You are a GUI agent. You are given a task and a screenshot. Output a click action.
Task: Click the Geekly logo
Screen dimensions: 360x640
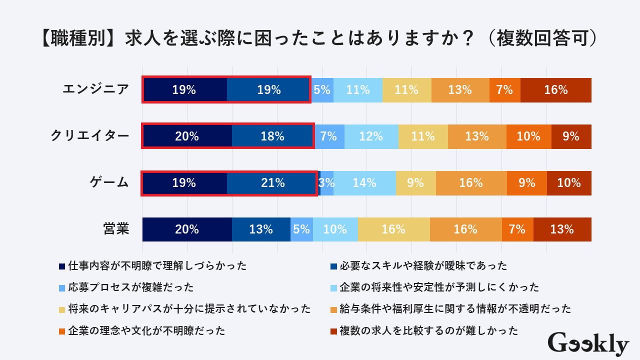588,344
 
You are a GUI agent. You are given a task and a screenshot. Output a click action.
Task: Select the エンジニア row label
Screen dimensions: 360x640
95,90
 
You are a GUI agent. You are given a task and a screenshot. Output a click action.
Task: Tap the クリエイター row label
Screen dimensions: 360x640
89,136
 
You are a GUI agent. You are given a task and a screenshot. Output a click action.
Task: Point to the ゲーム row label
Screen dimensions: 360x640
109,183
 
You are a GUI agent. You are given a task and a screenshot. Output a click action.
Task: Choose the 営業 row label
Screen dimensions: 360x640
116,229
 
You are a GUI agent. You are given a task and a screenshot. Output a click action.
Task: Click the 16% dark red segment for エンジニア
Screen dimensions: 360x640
556,90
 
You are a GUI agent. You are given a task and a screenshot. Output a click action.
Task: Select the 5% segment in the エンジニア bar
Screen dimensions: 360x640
322,90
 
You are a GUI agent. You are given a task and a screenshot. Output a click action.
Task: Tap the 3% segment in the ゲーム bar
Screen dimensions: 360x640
326,183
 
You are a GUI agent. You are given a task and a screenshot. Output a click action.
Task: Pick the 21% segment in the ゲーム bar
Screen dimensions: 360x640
272,183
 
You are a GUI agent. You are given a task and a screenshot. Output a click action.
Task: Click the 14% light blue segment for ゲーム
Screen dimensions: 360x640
364,183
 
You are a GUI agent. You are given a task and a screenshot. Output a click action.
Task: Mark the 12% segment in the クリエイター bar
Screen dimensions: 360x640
371,136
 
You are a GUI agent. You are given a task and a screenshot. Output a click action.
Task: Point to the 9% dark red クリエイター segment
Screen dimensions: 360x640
571,136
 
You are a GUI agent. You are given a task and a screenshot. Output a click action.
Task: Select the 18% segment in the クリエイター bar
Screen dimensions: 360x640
272,136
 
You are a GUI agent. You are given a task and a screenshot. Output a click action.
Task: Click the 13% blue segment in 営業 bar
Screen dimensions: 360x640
261,229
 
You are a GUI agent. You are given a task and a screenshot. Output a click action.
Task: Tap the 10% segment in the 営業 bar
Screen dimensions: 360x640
335,229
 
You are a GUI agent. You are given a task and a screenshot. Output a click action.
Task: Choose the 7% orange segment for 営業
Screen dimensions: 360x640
517,229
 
